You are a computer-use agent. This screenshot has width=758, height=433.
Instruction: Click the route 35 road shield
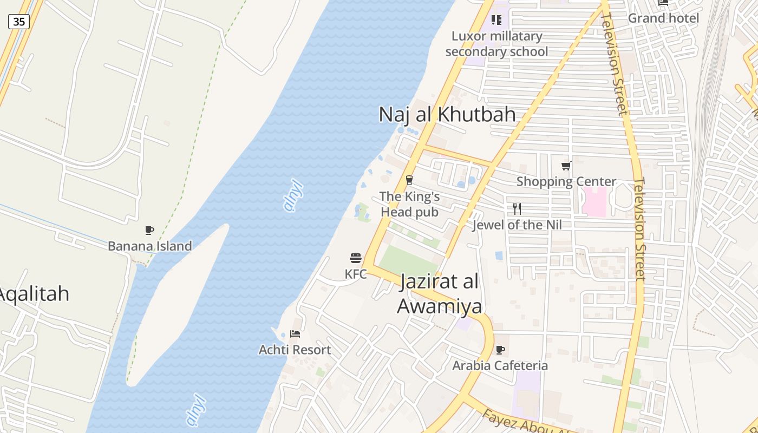click(19, 22)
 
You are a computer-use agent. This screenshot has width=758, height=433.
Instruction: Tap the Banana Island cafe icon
click(149, 231)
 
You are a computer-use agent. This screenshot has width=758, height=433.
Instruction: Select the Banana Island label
click(149, 246)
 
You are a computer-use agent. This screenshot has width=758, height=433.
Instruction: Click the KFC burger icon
click(355, 258)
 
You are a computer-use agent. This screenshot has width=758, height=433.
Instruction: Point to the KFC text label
click(355, 274)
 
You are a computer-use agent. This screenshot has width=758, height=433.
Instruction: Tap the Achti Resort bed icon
click(295, 334)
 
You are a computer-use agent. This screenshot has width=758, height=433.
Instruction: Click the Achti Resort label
click(295, 350)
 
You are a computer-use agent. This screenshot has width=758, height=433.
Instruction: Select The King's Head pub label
click(409, 204)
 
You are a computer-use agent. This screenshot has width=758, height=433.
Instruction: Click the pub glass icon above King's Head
click(409, 180)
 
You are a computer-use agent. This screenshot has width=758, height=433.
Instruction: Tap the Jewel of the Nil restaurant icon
click(517, 209)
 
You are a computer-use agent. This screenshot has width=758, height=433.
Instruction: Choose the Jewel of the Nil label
click(517, 225)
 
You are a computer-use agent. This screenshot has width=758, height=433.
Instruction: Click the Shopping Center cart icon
click(566, 166)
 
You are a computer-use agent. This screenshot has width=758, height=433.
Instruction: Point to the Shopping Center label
click(566, 181)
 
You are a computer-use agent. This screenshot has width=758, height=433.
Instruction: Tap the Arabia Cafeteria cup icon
click(500, 350)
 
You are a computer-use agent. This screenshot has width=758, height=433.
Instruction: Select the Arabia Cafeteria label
click(500, 365)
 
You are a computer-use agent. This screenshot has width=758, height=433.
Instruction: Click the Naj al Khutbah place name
click(447, 115)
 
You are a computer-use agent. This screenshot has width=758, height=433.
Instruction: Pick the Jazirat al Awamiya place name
click(440, 294)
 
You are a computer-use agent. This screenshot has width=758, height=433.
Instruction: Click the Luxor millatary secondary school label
click(496, 44)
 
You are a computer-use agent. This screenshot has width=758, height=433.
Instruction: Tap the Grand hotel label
click(663, 18)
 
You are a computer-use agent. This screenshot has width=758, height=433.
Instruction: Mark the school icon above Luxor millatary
click(496, 20)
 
